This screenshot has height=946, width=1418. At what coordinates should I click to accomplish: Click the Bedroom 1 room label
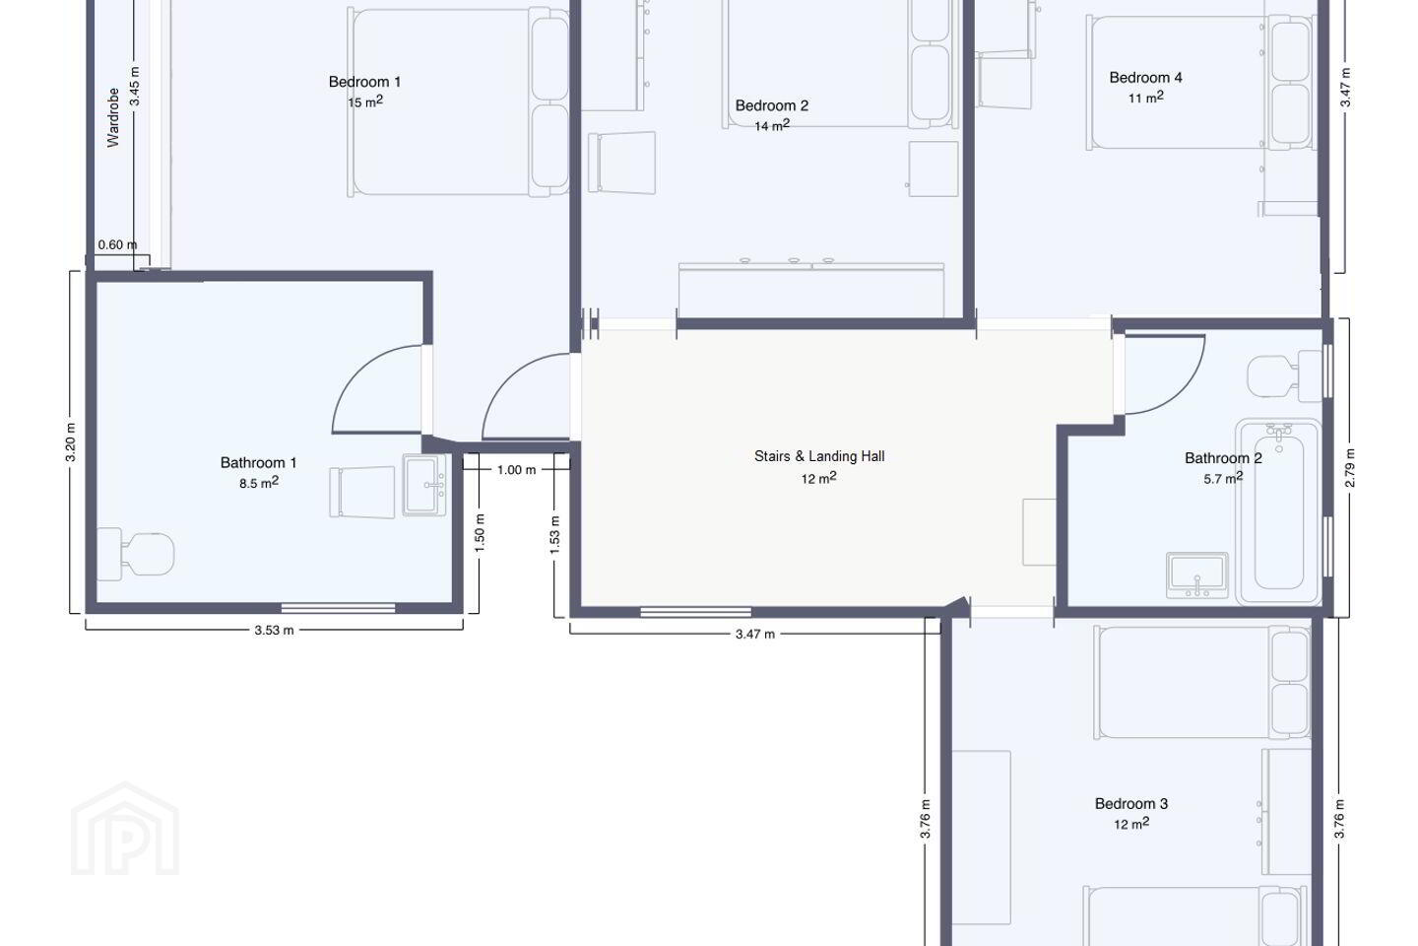364,82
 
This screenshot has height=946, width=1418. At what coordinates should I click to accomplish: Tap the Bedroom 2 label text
772,105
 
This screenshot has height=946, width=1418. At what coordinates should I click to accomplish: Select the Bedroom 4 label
1146,77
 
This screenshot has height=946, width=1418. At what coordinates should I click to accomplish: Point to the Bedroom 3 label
1131,803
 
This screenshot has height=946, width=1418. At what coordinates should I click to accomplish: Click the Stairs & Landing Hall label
819,456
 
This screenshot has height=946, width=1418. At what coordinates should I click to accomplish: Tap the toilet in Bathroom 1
136,554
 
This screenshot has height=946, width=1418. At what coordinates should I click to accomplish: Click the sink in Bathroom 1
424,485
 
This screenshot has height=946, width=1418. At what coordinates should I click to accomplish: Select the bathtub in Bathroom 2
1279,511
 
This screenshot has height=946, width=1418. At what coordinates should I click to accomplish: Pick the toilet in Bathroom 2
1285,376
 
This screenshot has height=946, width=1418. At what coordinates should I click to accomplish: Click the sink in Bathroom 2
1197,574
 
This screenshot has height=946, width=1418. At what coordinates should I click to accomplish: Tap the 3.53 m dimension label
274,630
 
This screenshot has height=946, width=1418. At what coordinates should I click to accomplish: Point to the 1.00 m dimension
517,469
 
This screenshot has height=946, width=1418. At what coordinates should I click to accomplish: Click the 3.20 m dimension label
71,442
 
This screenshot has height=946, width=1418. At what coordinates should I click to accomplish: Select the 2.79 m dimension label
1350,468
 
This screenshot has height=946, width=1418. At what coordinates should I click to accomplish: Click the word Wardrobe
113,118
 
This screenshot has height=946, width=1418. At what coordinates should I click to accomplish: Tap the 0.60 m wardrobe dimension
117,244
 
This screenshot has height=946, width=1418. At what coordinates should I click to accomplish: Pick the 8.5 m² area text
259,483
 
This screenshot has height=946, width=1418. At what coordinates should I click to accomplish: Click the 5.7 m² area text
1223,478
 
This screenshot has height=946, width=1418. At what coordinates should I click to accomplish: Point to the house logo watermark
125,830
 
